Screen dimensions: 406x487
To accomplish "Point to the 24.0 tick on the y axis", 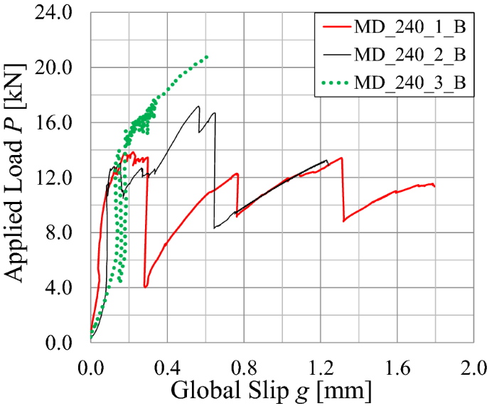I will pos(63,13).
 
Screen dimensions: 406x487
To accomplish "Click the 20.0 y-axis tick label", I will pos(63,68).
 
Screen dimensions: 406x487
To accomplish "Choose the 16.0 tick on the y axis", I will pos(63,122).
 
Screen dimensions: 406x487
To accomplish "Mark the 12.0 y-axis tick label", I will pos(63,177).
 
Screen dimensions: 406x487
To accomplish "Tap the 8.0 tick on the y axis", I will pos(68,233).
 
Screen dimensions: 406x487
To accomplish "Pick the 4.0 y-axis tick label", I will pos(68,287).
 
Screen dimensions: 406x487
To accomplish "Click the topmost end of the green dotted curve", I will pos(206,56).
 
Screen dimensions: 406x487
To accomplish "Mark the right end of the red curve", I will pos(434,186).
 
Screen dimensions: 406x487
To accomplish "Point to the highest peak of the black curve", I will pos(198,107).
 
